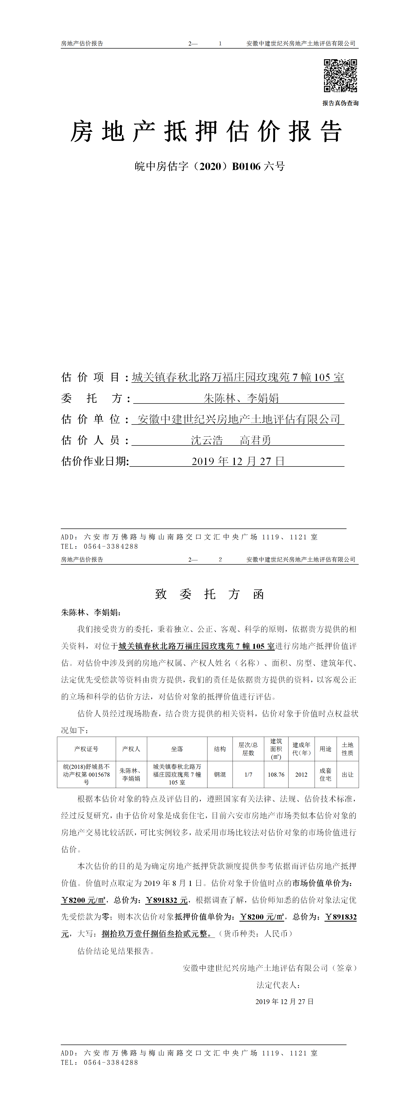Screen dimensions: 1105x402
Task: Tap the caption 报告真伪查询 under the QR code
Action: pyautogui.click(x=340, y=103)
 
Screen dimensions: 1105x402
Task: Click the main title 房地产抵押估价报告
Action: pyautogui.click(x=206, y=131)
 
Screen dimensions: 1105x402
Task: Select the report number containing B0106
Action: pyautogui.click(x=209, y=166)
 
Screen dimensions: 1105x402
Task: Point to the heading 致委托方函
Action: pyautogui.click(x=209, y=594)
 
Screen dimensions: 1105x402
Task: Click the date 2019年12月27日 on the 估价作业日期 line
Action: pyautogui.click(x=238, y=461)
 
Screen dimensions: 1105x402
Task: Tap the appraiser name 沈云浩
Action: pyautogui.click(x=207, y=440)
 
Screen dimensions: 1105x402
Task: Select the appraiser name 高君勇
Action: pyautogui.click(x=256, y=440)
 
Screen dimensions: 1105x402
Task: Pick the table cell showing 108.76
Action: pyautogui.click(x=276, y=775)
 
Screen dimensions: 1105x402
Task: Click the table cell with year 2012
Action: pyautogui.click(x=301, y=775)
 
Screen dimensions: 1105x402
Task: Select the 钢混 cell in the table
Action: pyautogui.click(x=220, y=775)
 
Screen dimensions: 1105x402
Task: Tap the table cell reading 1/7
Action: pyautogui.click(x=248, y=775)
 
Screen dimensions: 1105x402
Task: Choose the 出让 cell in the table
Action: pyautogui.click(x=348, y=775)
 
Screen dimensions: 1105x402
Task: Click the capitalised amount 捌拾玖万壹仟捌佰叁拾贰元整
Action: pyautogui.click(x=157, y=934)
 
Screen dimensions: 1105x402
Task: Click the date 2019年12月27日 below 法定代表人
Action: pyautogui.click(x=284, y=1002)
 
